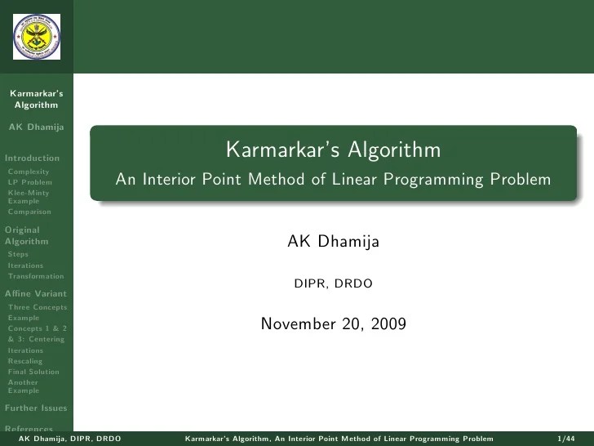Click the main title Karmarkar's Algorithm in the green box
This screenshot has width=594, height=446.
333,150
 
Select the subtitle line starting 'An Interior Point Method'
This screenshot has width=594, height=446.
333,180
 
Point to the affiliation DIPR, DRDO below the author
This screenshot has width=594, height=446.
333,284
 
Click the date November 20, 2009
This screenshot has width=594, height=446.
333,324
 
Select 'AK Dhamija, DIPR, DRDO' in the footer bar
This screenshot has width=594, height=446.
69,439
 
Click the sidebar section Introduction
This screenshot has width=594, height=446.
32,158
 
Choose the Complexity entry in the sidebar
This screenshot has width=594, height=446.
28,172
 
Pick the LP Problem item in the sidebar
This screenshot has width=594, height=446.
29,182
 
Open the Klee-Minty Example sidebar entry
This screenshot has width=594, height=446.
28,196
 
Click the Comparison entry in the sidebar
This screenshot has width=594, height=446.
29,212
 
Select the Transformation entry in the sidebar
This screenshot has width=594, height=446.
35,276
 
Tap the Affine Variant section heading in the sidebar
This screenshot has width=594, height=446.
35,293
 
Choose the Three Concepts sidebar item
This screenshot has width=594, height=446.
37,307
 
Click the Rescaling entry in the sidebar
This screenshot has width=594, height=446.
24,361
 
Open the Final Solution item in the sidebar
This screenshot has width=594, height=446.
33,372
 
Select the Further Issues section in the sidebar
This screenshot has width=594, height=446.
35,408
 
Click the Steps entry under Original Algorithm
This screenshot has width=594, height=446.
17,254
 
